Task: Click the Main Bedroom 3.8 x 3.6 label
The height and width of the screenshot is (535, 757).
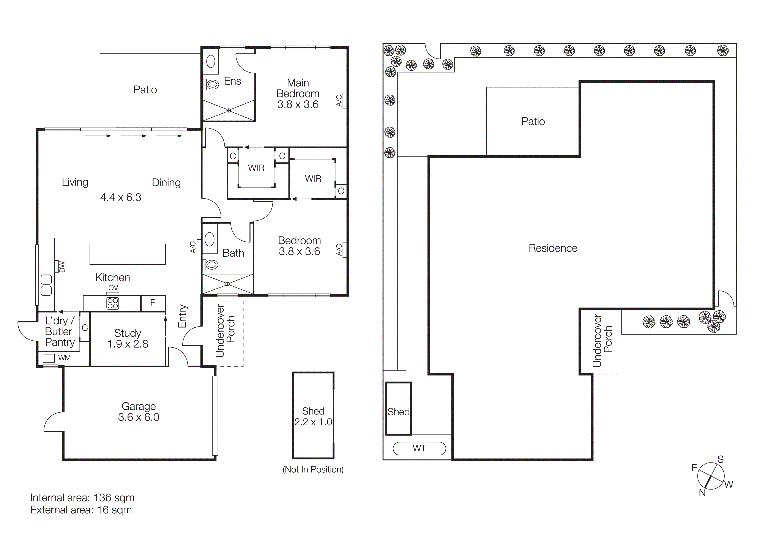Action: tap(298, 94)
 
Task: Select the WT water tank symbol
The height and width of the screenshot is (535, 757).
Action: tap(419, 448)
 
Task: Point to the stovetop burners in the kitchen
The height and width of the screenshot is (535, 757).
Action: tap(113, 303)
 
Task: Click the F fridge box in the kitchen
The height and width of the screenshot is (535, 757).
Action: tap(153, 303)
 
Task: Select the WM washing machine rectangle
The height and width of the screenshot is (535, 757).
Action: tap(49, 358)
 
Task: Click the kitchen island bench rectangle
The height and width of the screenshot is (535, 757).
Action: tap(128, 254)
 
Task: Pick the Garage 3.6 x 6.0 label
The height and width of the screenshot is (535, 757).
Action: tap(139, 412)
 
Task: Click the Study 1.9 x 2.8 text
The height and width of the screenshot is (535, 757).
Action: tap(128, 339)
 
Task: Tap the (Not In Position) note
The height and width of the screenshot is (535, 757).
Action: tap(313, 469)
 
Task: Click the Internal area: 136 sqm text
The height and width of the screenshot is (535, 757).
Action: tap(82, 497)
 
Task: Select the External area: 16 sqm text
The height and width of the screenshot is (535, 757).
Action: tap(81, 510)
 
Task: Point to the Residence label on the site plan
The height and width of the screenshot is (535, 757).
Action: tap(553, 248)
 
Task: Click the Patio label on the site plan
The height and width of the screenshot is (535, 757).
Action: tap(533, 121)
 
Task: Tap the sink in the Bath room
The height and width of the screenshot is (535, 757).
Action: tap(210, 239)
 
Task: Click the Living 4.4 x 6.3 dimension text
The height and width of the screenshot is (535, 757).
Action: tap(121, 197)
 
